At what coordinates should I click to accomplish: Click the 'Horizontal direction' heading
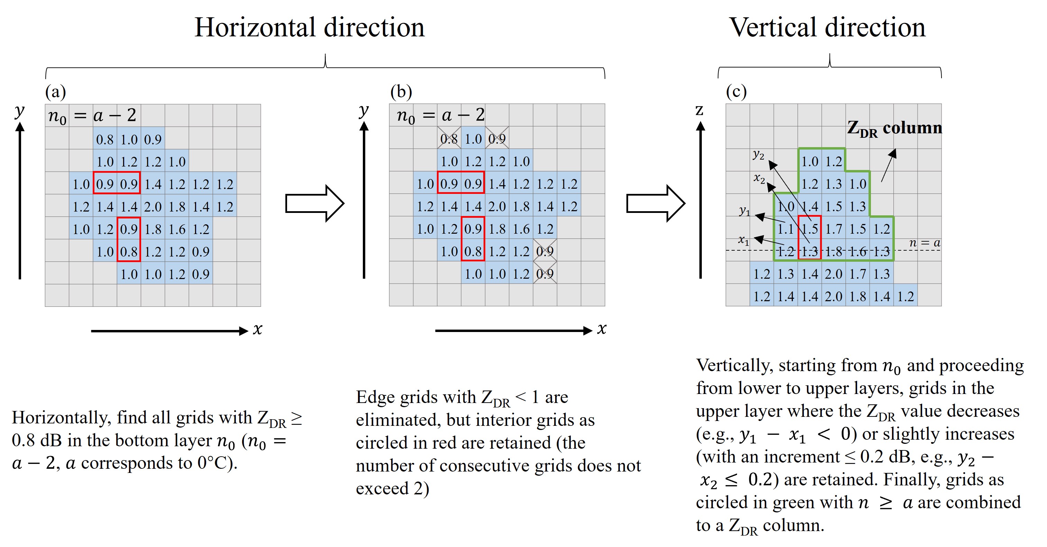click(x=309, y=28)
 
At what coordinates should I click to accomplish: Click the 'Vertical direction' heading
click(x=827, y=28)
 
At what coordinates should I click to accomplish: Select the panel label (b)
click(x=401, y=92)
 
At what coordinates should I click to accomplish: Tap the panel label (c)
click(x=736, y=92)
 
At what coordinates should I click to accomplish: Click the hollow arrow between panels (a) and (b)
click(x=315, y=203)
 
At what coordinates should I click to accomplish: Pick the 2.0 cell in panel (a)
click(x=153, y=207)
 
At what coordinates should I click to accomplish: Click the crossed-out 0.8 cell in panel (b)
click(x=449, y=139)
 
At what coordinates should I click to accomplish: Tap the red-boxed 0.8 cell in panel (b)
click(x=473, y=251)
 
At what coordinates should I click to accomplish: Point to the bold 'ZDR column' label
click(x=894, y=128)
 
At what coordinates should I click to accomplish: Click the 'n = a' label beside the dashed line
click(x=925, y=243)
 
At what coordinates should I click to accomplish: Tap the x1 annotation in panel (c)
click(x=744, y=240)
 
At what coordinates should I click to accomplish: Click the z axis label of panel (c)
click(x=699, y=110)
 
